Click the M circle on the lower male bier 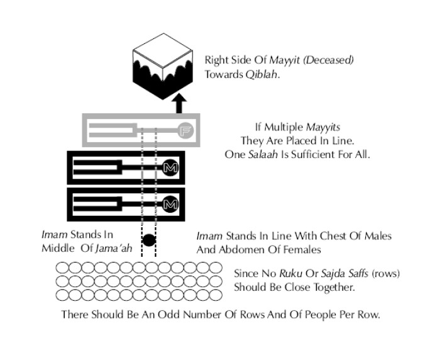click(170, 203)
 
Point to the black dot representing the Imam click(149, 240)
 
